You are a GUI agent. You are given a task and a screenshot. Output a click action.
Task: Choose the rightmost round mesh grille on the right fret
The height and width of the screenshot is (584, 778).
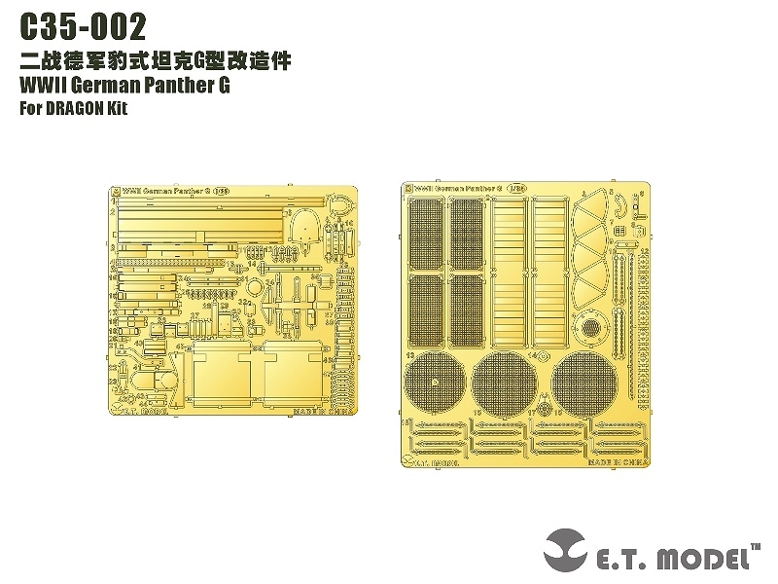[585, 383]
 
